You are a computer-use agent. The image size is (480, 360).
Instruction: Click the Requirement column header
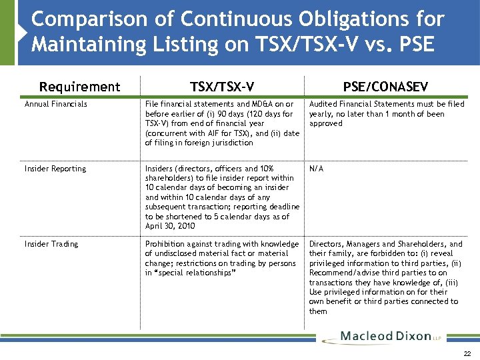pos(80,87)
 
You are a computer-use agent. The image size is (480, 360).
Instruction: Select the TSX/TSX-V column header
pos(221,87)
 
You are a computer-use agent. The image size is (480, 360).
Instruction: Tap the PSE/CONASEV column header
pos(385,87)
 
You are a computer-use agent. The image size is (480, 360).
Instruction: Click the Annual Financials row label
pos(56,104)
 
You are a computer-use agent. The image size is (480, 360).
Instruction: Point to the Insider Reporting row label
pos(55,169)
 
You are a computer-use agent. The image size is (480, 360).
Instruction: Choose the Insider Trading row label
pos(51,244)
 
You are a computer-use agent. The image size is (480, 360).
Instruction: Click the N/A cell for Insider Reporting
pos(316,169)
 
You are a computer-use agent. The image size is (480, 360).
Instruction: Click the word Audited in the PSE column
pos(323,104)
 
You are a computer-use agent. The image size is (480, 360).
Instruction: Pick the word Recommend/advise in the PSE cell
pos(341,273)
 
